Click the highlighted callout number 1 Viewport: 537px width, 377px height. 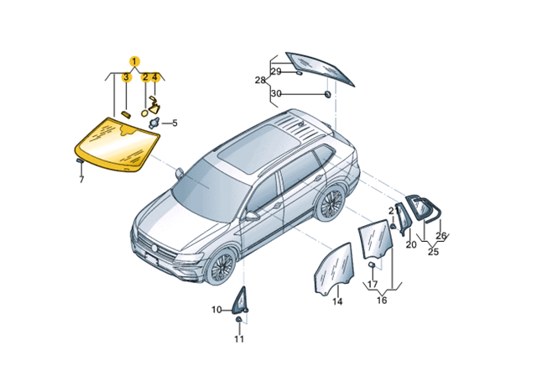tap(134, 61)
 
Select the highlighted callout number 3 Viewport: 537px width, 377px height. tap(127, 77)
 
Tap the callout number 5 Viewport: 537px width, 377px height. tap(175, 123)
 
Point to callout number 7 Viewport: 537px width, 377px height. tap(81, 180)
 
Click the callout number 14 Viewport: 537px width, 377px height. tap(337, 301)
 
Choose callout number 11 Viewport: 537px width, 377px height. tap(239, 339)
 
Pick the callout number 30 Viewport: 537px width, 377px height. tap(276, 93)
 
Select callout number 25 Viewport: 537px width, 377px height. tap(433, 252)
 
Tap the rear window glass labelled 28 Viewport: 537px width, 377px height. tap(321, 69)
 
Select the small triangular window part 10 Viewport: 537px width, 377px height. tap(240, 301)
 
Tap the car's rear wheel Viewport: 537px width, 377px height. tap(330, 203)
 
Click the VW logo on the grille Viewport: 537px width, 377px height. tap(154, 249)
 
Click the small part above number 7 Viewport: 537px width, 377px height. tap(79, 160)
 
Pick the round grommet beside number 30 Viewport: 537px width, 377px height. tap(328, 94)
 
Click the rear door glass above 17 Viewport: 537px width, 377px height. tap(376, 240)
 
